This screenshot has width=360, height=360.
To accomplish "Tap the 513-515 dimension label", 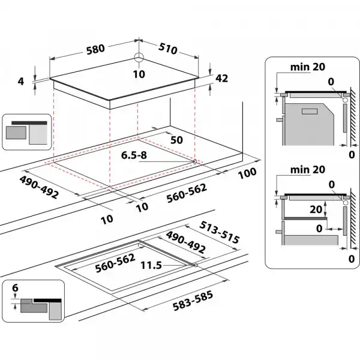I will click(x=219, y=232).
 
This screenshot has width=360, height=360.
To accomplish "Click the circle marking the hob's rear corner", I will click(x=139, y=58).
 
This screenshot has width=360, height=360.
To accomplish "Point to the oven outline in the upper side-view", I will click(x=308, y=120).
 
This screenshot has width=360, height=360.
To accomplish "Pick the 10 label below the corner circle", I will click(x=139, y=74).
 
